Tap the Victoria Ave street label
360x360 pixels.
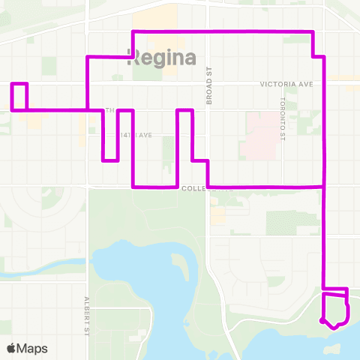289,85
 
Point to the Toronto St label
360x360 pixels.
283,118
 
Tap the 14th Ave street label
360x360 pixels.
137,135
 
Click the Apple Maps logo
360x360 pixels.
27,348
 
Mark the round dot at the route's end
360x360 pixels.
322,321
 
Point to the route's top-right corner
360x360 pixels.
312,31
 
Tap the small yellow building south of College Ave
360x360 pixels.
218,215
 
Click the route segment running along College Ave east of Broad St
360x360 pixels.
266,186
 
